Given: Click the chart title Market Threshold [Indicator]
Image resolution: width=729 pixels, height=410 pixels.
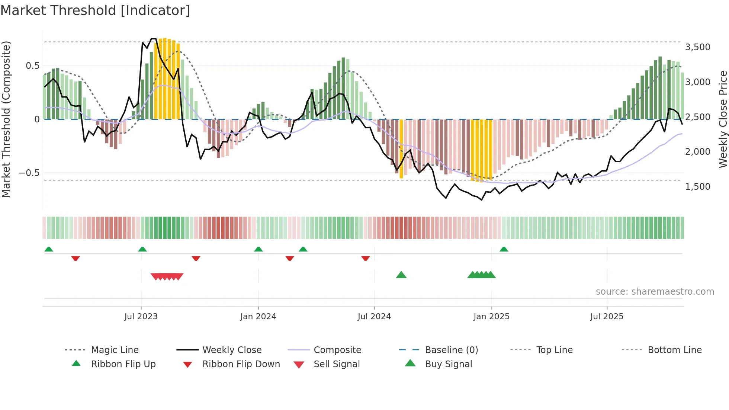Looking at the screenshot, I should click(x=95, y=10).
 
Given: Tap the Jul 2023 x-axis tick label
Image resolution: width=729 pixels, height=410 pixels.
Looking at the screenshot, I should click(x=141, y=317).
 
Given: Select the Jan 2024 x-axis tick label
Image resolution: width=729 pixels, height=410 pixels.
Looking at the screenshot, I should click(x=258, y=317).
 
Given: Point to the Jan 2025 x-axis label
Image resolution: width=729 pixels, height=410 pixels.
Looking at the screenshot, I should click(x=491, y=317).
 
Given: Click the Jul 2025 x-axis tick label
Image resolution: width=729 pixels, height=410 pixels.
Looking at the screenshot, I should click(x=607, y=317).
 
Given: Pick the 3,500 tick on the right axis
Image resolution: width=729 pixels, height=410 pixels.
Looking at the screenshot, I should click(x=697, y=47).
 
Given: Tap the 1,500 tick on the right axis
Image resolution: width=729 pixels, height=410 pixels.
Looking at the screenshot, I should click(x=697, y=187).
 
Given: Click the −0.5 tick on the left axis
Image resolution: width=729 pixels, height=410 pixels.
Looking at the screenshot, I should click(x=29, y=173).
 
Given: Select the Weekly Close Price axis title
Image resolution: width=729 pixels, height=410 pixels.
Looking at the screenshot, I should click(x=723, y=119).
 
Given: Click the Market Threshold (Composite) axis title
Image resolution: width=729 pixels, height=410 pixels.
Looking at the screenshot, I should click(x=6, y=119).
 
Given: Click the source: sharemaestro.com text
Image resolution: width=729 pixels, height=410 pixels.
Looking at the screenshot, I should click(x=655, y=292).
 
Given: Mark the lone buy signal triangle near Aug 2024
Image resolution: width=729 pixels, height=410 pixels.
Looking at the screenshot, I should click(x=401, y=275).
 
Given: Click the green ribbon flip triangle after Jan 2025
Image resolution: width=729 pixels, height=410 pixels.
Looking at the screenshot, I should click(x=504, y=249).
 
